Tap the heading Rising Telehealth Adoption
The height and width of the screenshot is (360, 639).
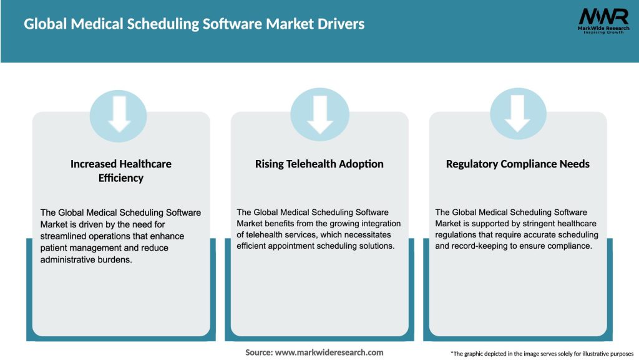(319, 164)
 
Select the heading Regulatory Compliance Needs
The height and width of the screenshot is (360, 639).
(517, 164)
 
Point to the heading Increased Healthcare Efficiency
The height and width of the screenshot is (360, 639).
(121, 171)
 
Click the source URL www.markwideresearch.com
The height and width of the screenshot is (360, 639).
(329, 352)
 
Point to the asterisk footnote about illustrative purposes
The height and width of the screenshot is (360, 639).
(541, 353)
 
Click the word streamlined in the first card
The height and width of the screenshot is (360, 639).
(67, 236)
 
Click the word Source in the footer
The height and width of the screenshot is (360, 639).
(258, 352)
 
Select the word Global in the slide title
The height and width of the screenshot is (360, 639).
(46, 24)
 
